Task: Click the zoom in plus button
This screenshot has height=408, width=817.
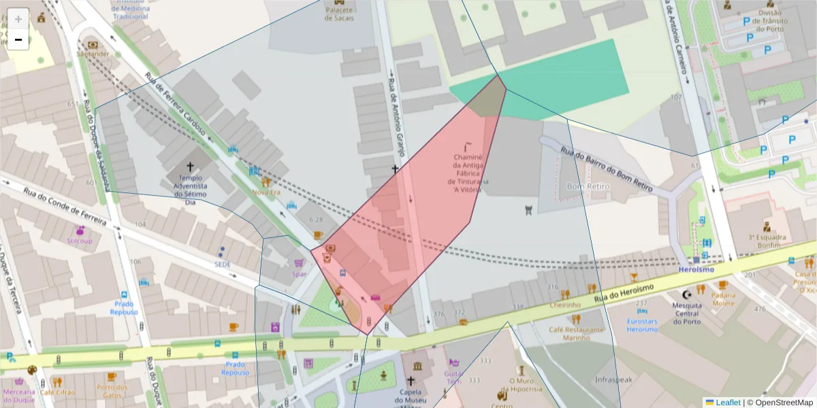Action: pyautogui.click(x=18, y=18)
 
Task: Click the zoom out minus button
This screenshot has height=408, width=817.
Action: pyautogui.click(x=18, y=39)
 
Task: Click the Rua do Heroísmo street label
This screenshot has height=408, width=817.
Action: pyautogui.click(x=623, y=293)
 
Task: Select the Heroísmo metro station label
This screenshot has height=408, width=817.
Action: pyautogui.click(x=696, y=270)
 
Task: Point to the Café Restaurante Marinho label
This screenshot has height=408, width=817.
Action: pyautogui.click(x=577, y=333)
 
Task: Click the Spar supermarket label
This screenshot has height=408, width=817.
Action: pyautogui.click(x=299, y=274)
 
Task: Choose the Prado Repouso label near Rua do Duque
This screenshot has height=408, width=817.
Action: pyautogui.click(x=124, y=308)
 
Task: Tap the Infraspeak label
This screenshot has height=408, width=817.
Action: pyautogui.click(x=614, y=379)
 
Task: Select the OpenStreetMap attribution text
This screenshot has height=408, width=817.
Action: pyautogui.click(x=780, y=403)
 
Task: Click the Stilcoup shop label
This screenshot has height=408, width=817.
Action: pyautogui.click(x=80, y=241)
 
